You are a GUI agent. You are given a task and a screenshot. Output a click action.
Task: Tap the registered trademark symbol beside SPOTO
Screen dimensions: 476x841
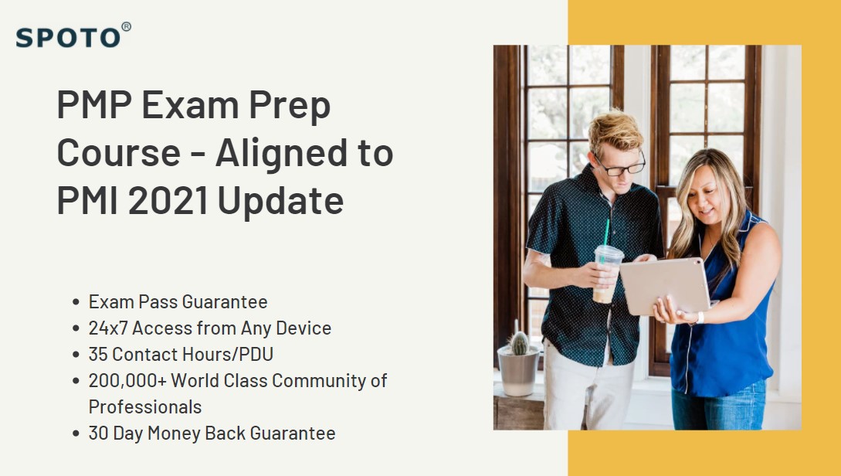tap(126, 27)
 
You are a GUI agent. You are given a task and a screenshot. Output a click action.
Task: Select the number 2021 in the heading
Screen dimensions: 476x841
tap(167, 201)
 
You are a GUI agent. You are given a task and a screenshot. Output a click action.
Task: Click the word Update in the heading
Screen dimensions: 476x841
tap(280, 201)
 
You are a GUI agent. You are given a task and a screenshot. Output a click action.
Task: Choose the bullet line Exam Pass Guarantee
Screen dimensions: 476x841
tap(178, 301)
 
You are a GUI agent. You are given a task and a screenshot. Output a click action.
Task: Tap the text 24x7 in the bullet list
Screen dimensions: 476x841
tap(108, 328)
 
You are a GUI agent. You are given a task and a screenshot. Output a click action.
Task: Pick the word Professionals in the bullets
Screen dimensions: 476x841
tap(145, 406)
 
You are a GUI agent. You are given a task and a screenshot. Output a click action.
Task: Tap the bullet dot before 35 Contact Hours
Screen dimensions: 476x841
tap(75, 355)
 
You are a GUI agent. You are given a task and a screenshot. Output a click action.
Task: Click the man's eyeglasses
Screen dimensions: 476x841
tap(621, 165)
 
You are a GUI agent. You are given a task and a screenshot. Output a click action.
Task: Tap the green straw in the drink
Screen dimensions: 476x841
tap(606, 232)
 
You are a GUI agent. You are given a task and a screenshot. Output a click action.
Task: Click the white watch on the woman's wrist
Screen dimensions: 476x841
tap(700, 317)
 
